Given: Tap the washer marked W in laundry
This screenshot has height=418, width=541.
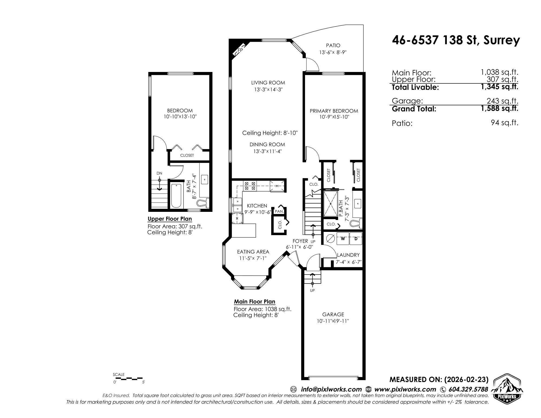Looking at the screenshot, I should [343, 239].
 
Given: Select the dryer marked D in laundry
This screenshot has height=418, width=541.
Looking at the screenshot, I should [356, 239].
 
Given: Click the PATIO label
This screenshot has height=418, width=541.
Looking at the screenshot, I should [333, 45].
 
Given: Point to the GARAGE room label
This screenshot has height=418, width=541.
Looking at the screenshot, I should [333, 314].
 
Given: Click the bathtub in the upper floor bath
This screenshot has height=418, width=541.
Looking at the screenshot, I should [177, 196].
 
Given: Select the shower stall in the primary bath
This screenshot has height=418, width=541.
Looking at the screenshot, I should [330, 203].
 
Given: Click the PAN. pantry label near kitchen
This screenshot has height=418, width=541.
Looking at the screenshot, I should [279, 211].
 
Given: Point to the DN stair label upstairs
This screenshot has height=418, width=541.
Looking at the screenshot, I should [159, 173].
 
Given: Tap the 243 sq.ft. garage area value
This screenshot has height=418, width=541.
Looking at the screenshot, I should [502, 101].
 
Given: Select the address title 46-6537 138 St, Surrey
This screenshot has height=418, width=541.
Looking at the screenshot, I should [456, 41].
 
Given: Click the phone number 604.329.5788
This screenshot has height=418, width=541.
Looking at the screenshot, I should [468, 389].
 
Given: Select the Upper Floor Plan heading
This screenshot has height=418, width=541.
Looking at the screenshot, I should [170, 219].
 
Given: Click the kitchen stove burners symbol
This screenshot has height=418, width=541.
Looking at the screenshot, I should [250, 186].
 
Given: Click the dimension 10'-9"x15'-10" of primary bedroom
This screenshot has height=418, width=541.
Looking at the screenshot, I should [334, 117].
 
